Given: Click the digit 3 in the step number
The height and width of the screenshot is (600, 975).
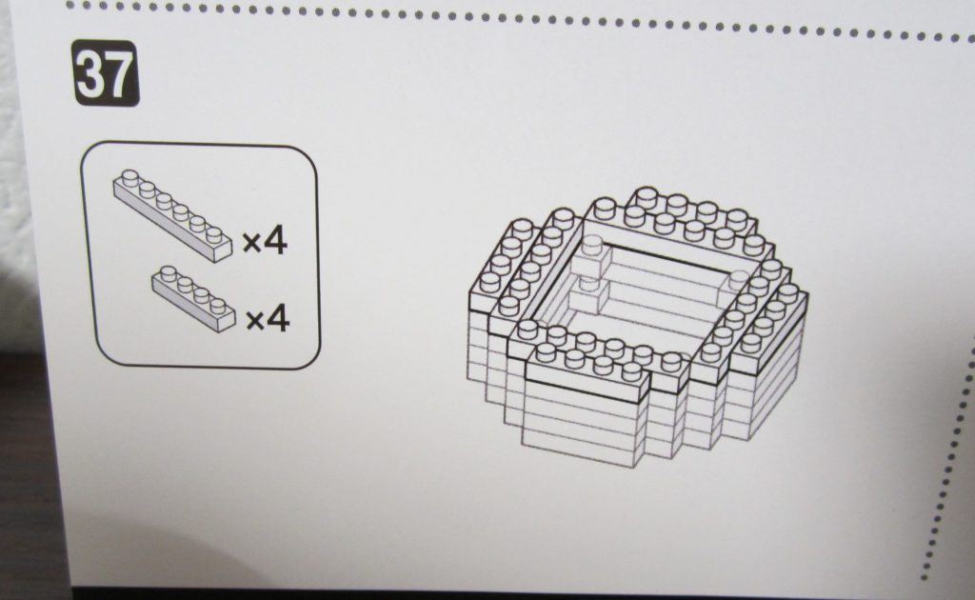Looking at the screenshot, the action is point(90,74).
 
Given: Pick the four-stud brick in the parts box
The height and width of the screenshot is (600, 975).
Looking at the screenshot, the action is point(194,298).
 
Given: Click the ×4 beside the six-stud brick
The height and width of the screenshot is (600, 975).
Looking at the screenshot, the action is point(265,241).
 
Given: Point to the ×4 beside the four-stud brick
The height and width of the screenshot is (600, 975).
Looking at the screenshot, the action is point(268,319).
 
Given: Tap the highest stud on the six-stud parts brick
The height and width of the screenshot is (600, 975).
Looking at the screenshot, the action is point(130,177).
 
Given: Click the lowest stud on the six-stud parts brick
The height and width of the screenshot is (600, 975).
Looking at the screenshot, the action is point(214,234).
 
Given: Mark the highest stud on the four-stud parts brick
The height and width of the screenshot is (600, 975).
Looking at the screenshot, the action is point(169,273).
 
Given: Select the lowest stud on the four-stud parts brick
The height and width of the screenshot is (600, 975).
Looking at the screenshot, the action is point(218,306).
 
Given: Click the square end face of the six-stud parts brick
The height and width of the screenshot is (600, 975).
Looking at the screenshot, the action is point(222,252).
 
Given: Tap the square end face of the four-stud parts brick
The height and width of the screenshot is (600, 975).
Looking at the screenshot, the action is point(227,323).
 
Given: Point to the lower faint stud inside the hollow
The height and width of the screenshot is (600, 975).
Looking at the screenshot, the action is point(587,284).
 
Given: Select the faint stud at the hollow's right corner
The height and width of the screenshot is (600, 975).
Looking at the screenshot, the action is point(740,278).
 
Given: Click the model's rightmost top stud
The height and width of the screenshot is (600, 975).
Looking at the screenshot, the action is point(787,291).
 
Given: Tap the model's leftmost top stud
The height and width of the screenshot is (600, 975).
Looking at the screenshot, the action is point(490,283).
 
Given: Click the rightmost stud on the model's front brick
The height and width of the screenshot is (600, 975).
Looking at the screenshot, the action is point(632,370).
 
